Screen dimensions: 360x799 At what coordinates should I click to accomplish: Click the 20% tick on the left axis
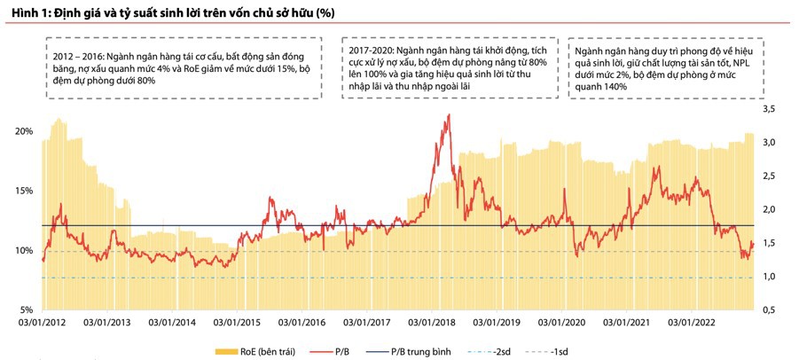tap(24, 131)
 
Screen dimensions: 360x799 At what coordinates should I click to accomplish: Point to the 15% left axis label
tap(24, 191)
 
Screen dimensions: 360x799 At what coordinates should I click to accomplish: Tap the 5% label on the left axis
tap(27, 310)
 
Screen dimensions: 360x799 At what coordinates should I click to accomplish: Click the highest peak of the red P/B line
tap(449, 115)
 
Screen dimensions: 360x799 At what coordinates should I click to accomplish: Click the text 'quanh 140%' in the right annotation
tap(600, 87)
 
